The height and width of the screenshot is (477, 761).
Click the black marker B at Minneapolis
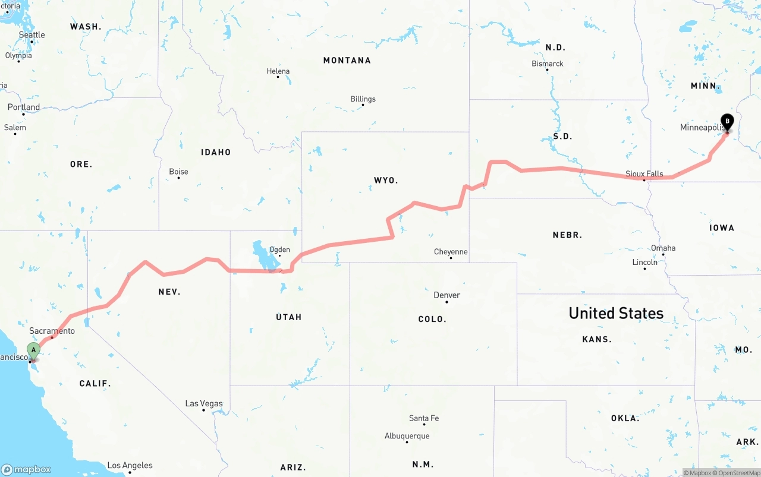click(727, 121)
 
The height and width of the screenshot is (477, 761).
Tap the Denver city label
click(447, 295)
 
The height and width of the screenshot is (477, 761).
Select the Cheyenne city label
click(451, 252)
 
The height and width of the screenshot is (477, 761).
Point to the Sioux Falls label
click(644, 174)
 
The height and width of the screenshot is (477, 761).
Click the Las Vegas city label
click(204, 404)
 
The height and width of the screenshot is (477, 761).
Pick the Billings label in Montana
click(363, 99)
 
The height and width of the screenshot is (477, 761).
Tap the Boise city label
click(179, 172)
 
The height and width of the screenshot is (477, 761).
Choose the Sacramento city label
click(52, 331)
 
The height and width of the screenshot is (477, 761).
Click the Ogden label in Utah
click(279, 249)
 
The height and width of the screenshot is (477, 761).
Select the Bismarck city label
click(548, 64)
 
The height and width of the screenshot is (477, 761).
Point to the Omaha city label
click(663, 248)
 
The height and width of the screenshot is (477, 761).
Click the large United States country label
click(616, 313)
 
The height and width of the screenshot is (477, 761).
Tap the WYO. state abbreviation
click(386, 180)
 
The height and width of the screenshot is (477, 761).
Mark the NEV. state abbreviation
click(169, 292)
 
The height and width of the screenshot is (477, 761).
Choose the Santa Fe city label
click(424, 418)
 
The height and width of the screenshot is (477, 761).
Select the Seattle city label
click(32, 35)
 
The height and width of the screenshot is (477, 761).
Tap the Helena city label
click(278, 71)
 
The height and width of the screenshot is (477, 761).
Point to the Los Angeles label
click(130, 466)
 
